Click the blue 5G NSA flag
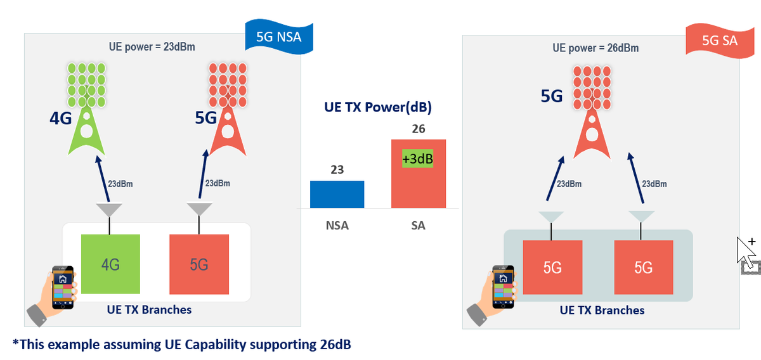[x=279, y=37]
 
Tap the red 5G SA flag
[x=720, y=40]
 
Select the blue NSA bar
[x=337, y=194]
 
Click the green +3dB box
[x=417, y=158]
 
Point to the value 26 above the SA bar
[x=418, y=129]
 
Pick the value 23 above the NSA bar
[x=337, y=170]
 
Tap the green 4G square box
[x=110, y=264]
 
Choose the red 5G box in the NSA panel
[x=199, y=264]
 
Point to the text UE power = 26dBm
[x=595, y=48]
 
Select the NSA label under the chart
[x=337, y=225]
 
